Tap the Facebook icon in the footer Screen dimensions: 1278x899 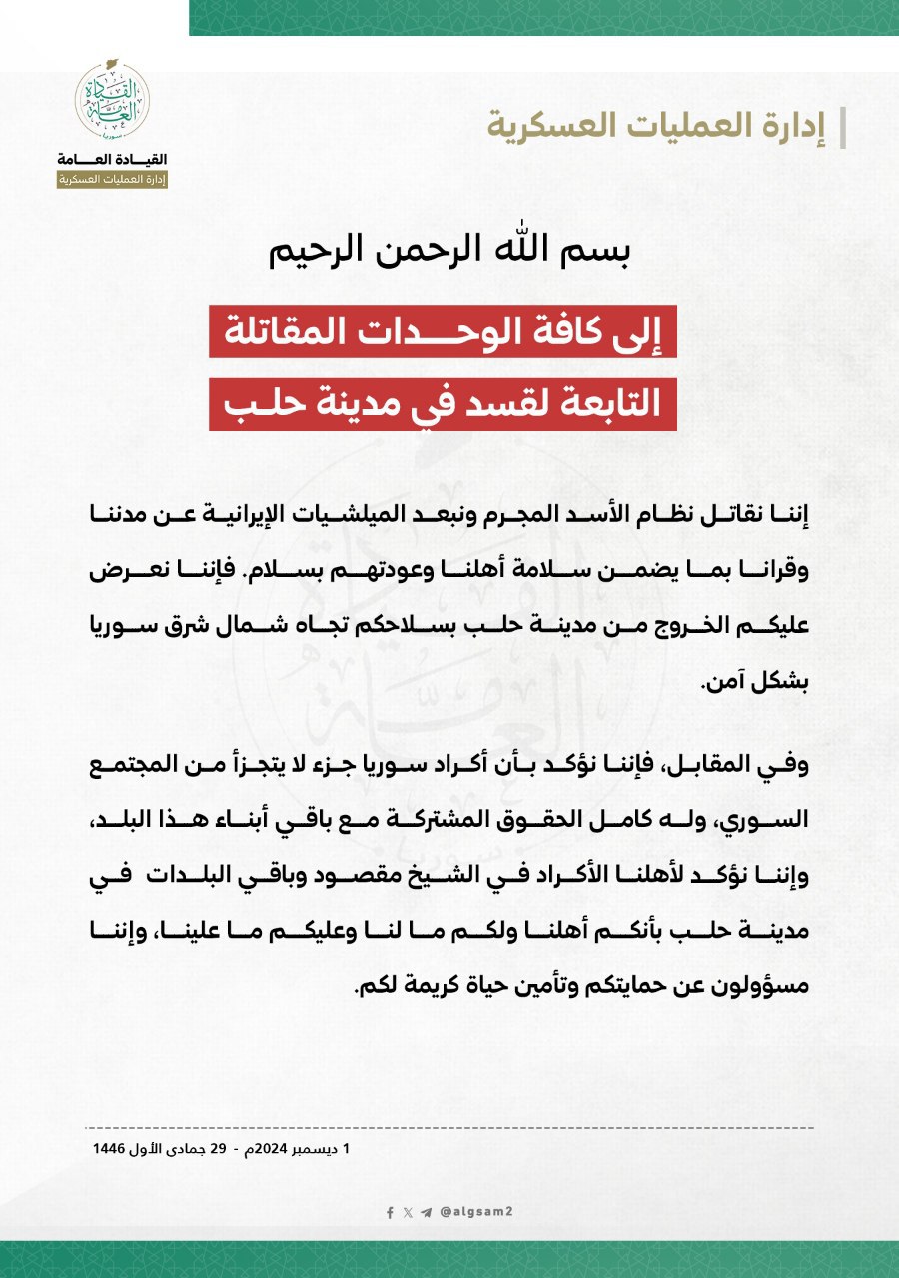[391, 1212]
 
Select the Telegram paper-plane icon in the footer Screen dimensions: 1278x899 [427, 1212]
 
